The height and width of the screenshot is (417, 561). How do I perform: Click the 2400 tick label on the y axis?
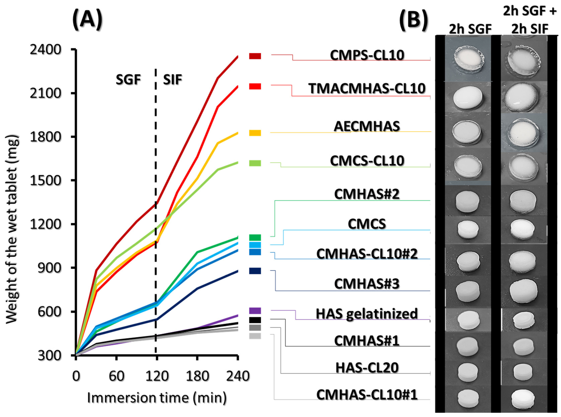[x=46, y=50]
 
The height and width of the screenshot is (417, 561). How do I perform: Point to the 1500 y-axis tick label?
[x=46, y=181]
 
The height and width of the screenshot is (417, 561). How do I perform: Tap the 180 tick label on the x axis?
[x=197, y=376]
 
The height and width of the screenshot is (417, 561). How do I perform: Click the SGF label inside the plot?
[x=128, y=80]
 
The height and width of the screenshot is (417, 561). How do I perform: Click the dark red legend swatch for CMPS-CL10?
[x=255, y=56]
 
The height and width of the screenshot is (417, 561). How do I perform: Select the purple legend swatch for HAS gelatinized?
[x=255, y=311]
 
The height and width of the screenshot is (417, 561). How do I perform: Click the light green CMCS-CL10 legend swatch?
[x=255, y=163]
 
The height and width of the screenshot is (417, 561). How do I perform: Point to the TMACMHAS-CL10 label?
[x=367, y=89]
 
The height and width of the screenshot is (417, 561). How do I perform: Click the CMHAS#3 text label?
[x=367, y=284]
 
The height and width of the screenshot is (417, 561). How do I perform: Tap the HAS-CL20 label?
[x=367, y=368]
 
